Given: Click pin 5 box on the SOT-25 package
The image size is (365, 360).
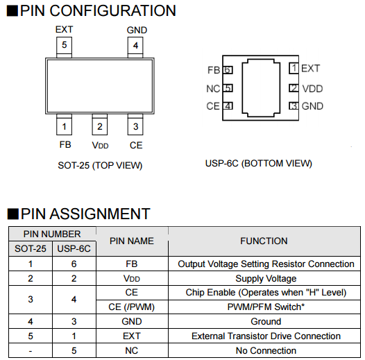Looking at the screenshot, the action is pyautogui.click(x=64, y=47).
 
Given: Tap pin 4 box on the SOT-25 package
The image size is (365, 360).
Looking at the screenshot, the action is pyautogui.click(x=135, y=47).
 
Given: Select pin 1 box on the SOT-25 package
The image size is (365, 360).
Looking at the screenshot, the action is pyautogui.click(x=64, y=124).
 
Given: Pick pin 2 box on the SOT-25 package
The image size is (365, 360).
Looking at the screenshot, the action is pyautogui.click(x=100, y=124).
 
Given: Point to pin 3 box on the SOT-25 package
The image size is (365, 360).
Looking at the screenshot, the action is pyautogui.click(x=135, y=124).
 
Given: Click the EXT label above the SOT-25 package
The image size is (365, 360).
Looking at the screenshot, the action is pyautogui.click(x=64, y=30).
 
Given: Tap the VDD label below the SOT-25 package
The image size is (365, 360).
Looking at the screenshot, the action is pyautogui.click(x=100, y=145).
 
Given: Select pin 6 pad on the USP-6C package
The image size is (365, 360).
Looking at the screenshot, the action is pyautogui.click(x=228, y=70).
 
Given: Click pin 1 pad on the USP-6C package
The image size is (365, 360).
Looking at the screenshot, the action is pyautogui.click(x=294, y=68).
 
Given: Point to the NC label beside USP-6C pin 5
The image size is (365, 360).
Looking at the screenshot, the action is pyautogui.click(x=213, y=89).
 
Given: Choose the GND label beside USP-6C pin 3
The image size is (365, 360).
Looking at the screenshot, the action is pyautogui.click(x=312, y=106).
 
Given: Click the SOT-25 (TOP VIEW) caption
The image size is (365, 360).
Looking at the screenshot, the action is pyautogui.click(x=100, y=166).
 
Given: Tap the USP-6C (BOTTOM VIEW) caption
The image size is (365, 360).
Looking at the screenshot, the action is pyautogui.click(x=259, y=164).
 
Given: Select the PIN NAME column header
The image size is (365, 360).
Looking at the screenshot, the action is pyautogui.click(x=132, y=241).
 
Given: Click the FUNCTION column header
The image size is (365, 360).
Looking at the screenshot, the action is pyautogui.click(x=264, y=241).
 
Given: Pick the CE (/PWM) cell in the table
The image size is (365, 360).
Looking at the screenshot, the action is pyautogui.click(x=132, y=307).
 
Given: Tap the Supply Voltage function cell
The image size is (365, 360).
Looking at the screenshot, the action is pyautogui.click(x=266, y=279).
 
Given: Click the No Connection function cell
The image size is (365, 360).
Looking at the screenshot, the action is pyautogui.click(x=266, y=350).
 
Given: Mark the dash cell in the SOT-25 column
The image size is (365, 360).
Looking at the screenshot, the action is pyautogui.click(x=31, y=351).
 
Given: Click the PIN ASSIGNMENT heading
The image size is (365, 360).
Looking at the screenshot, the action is pyautogui.click(x=78, y=214).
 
